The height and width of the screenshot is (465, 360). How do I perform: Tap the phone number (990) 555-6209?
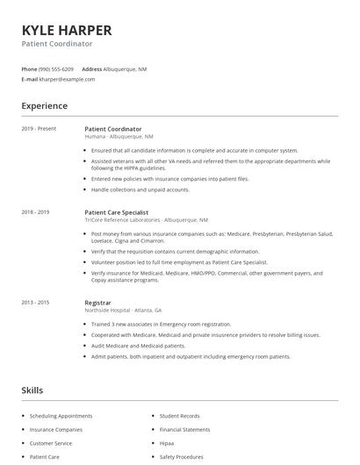point(56,68)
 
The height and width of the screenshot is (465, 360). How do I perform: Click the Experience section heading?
point(45,106)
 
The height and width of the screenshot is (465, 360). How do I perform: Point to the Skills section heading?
point(32,390)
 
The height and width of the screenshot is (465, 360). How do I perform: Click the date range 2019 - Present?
point(39,129)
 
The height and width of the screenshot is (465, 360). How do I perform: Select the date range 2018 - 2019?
point(36,212)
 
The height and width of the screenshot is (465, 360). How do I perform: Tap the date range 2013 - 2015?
point(36,303)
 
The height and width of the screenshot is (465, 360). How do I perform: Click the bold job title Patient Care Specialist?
point(117,212)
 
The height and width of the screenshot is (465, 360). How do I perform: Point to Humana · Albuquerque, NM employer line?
point(119,137)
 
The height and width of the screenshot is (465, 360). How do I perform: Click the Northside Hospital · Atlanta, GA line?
point(123,311)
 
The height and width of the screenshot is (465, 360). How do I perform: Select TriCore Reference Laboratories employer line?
point(146,220)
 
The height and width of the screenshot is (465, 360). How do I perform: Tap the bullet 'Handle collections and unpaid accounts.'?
point(140,190)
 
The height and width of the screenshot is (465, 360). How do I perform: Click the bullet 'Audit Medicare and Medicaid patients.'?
point(141,346)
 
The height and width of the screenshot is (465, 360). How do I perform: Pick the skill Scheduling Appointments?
point(61,416)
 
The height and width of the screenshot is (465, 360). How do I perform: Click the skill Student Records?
point(180,416)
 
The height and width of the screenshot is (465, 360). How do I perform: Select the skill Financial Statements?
point(184,430)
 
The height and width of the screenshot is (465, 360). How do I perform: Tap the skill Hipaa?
point(167,443)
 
